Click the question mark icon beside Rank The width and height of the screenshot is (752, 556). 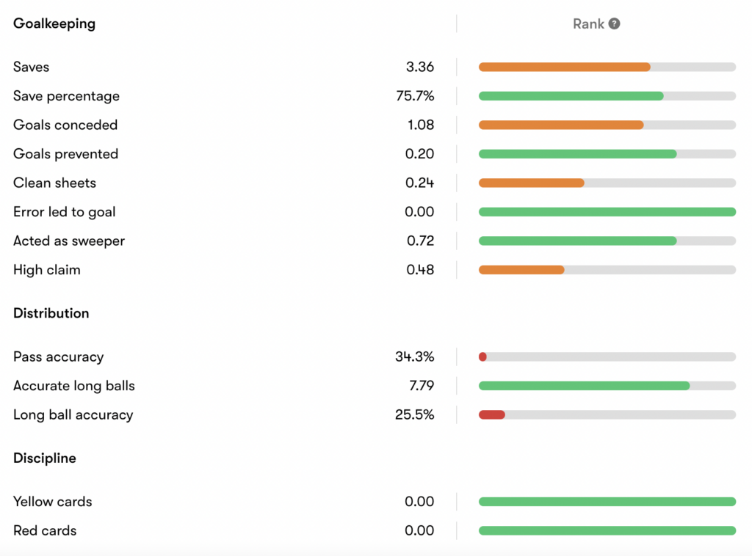coord(614,23)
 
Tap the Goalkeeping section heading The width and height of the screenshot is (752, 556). coord(54,23)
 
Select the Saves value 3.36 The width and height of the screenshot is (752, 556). coord(419,67)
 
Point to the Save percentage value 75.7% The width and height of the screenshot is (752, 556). coord(415,96)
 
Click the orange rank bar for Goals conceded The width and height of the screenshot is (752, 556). coord(561,125)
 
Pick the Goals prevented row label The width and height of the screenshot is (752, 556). coord(65,154)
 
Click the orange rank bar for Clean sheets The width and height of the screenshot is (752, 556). coord(532,183)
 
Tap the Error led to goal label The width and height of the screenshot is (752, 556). coord(65,212)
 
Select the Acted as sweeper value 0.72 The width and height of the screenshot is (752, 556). coord(420,241)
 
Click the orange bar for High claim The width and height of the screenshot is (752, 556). coord(521,270)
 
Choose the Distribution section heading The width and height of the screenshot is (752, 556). coord(51,313)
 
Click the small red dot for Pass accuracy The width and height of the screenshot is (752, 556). coord(483,356)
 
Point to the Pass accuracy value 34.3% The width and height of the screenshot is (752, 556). coord(414,356)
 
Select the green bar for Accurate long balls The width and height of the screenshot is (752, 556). coord(584,386)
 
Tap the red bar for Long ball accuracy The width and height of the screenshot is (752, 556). coord(491,414)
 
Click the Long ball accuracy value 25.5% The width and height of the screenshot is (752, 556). coord(414,414)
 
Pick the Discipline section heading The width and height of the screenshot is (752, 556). coord(45,458)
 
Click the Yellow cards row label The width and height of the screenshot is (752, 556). coord(53,502)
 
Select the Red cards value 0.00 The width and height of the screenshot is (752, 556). coord(419,530)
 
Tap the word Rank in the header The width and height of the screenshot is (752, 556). coord(588,24)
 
